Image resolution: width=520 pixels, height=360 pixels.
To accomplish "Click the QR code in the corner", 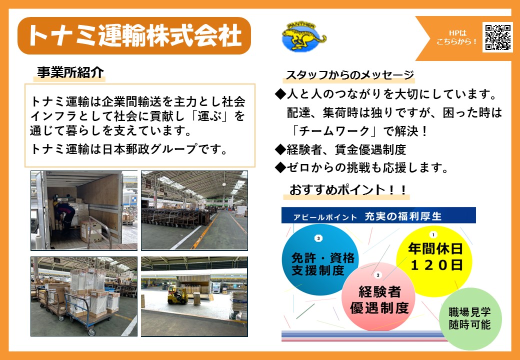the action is [497, 37].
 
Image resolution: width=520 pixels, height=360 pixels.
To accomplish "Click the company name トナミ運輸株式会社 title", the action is [134, 36].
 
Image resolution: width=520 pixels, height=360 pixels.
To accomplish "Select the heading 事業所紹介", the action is [70, 72].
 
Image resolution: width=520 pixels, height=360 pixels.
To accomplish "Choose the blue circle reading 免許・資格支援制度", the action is [320, 259].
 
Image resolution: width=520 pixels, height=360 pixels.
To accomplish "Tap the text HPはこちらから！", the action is [457, 37].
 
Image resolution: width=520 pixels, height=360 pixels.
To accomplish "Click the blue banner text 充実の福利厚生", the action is [403, 216].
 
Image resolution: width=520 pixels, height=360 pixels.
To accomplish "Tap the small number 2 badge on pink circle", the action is [377, 275].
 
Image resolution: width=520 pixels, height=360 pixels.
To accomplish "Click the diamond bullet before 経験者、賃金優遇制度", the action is [280, 150].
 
